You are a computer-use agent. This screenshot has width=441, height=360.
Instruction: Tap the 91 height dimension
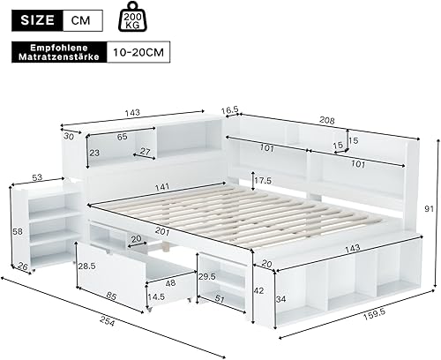pos(428,208)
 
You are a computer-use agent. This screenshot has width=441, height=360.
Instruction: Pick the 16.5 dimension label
pos(230,111)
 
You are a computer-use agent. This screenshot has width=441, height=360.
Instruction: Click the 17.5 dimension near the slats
pos(263,181)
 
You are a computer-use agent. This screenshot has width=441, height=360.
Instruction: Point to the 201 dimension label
pos(186,231)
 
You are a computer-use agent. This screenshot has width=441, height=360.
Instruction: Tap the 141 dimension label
pos(164,187)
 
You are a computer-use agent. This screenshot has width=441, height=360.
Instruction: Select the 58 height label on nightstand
pos(17,231)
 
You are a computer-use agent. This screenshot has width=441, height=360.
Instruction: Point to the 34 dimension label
pos(282,297)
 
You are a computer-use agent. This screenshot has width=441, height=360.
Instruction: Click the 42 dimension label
pos(258,290)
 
